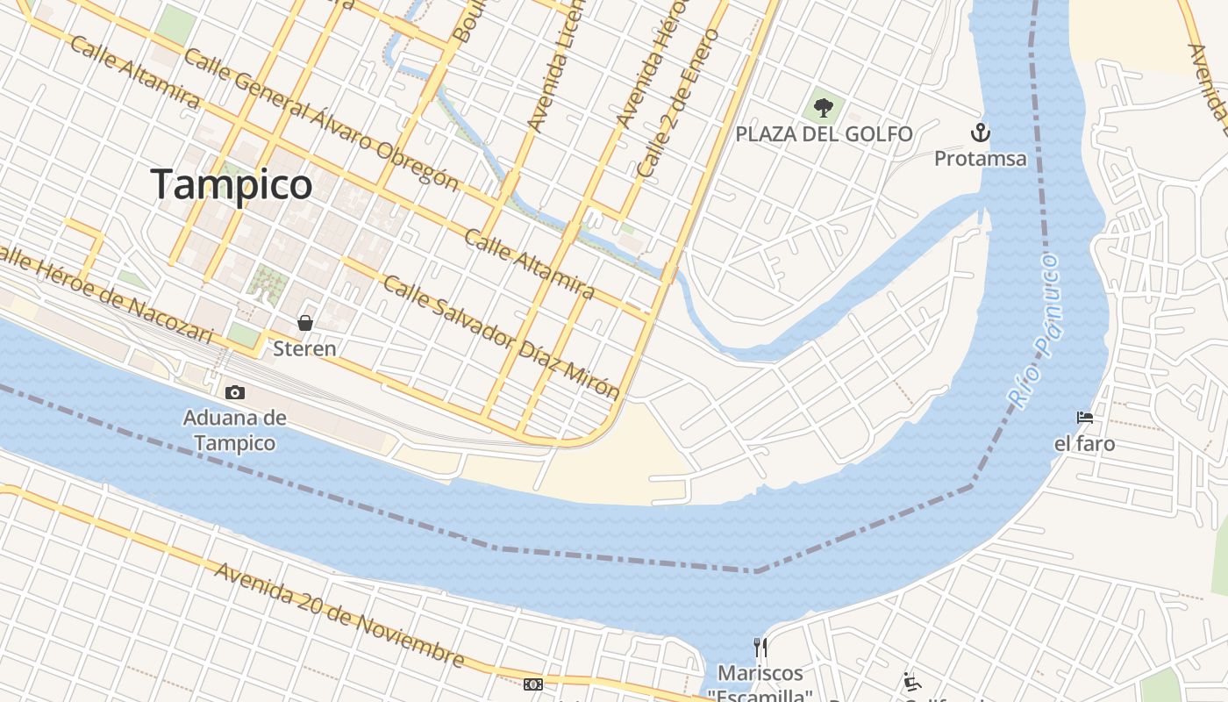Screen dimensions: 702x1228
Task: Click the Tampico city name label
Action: tap(232, 184)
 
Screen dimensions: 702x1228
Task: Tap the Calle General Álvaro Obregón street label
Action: tap(321, 119)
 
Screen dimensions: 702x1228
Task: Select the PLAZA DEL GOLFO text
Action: tap(824, 134)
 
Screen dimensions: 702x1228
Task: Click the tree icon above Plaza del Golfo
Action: tap(823, 108)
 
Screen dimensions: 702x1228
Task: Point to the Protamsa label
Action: tap(980, 159)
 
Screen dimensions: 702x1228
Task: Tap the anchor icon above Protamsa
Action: tap(980, 133)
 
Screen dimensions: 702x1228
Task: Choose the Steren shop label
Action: tap(304, 348)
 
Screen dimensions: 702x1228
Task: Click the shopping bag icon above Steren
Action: tap(305, 323)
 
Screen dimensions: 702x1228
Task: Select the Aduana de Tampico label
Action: tap(235, 430)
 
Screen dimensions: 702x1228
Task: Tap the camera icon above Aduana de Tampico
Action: tap(235, 393)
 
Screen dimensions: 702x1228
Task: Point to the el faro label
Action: tap(1085, 444)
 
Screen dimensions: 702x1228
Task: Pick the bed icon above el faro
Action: tap(1085, 418)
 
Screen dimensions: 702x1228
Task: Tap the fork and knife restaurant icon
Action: tap(760, 648)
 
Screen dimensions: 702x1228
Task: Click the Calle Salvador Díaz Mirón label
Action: tap(501, 337)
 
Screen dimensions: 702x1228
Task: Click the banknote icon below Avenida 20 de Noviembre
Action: tap(532, 684)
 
